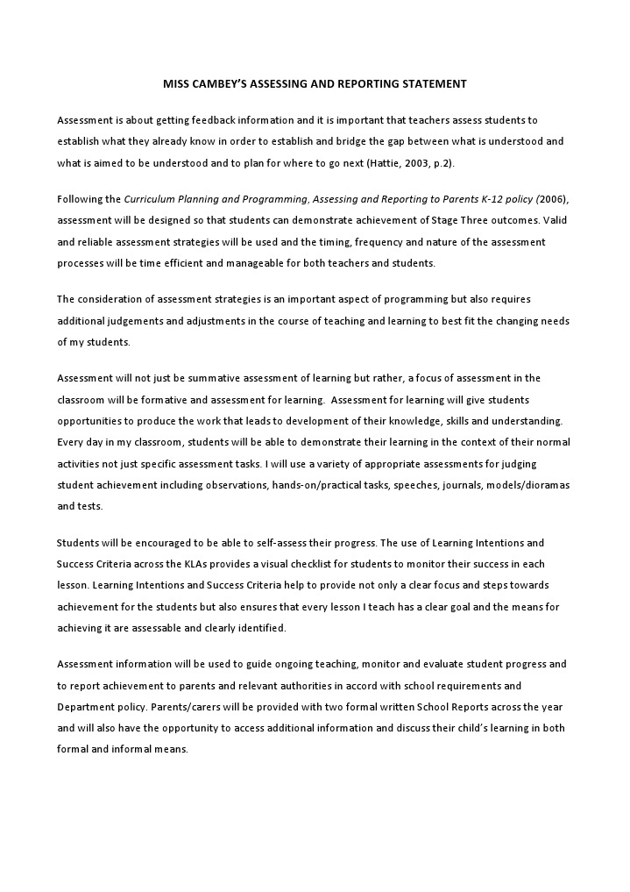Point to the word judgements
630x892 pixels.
click(x=137, y=320)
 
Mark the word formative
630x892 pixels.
click(x=185, y=399)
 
